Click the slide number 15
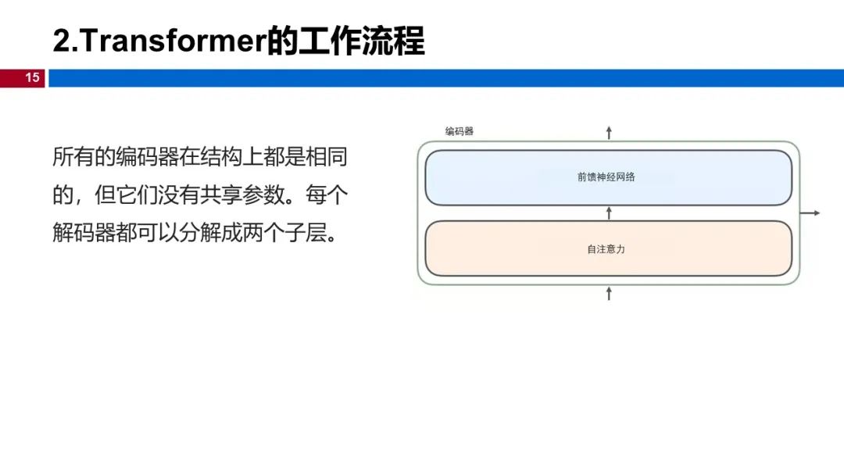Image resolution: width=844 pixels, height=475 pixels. (32, 77)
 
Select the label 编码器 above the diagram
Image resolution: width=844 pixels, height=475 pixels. (460, 131)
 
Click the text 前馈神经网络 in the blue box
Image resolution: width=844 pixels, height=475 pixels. (606, 177)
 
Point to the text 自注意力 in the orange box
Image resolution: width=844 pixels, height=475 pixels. (606, 249)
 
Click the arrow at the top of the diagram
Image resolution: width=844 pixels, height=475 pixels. (610, 132)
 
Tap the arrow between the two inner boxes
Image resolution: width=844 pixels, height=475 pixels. (610, 212)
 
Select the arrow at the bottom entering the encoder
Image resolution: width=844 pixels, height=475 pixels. (610, 293)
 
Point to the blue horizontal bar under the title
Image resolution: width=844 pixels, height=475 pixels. (445, 77)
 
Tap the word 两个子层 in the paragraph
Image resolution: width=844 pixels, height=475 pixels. (283, 234)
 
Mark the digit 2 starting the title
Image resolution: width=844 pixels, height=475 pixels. (61, 41)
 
